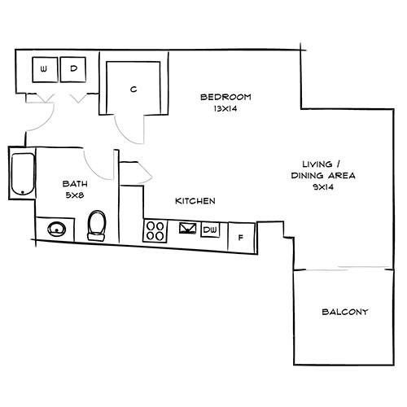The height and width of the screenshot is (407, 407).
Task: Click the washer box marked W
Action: click(45, 69)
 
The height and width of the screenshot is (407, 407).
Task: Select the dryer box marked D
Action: click(73, 69)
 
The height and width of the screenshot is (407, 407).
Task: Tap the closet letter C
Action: click(133, 89)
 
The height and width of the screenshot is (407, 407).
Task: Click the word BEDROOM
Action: click(225, 97)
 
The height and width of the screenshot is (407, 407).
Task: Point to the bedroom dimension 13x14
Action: click(225, 108)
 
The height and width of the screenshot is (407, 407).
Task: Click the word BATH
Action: click(75, 184)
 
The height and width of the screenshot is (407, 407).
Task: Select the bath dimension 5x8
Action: click(75, 195)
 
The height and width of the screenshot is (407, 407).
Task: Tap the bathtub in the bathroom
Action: click(23, 174)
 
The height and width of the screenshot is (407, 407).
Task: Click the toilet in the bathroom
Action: click(97, 225)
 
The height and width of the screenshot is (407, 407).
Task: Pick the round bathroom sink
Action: click(57, 230)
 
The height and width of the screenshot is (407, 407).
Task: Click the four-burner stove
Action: click(155, 231)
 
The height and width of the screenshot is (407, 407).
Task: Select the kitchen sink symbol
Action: click(188, 228)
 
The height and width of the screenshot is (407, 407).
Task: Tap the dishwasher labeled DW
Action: click(210, 230)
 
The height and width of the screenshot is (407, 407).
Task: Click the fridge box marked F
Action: click(241, 238)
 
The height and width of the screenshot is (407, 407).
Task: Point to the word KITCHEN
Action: click(195, 201)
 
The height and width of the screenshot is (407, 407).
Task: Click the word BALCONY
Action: click(345, 312)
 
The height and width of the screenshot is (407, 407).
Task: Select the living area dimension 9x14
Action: click(323, 187)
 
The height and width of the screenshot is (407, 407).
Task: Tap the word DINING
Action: click(307, 176)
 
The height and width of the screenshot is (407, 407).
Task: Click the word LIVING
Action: click(317, 164)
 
